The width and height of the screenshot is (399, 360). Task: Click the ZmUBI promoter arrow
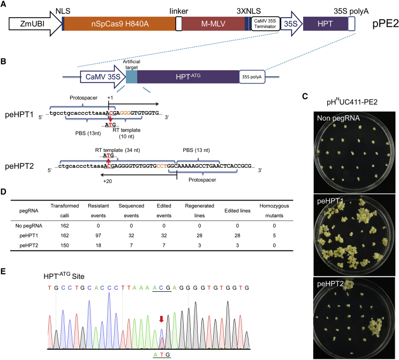(x=30, y=25)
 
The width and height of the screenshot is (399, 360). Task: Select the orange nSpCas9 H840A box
(x=119, y=25)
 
